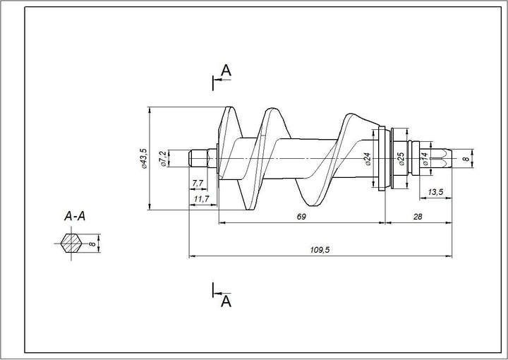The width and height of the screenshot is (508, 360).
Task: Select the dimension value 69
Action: pyautogui.click(x=301, y=217)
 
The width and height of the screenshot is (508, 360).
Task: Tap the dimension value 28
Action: pyautogui.click(x=418, y=217)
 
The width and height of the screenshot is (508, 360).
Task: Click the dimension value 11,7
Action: pyautogui.click(x=202, y=200)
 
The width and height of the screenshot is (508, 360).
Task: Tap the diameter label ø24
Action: pyautogui.click(x=368, y=159)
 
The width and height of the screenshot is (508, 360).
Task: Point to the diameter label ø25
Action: pyautogui.click(x=400, y=159)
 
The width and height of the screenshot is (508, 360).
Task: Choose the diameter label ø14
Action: pyautogui.click(x=425, y=160)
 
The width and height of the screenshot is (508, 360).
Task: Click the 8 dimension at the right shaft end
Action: pyautogui.click(x=465, y=160)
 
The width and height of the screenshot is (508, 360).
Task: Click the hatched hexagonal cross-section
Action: pyautogui.click(x=71, y=244)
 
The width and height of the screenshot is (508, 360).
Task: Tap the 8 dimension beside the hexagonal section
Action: pyautogui.click(x=92, y=244)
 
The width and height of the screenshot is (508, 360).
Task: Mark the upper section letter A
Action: pyautogui.click(x=226, y=70)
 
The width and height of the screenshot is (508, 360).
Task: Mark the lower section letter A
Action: pyautogui.click(x=226, y=301)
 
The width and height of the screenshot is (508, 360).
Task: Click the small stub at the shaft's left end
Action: pyautogui.click(x=199, y=157)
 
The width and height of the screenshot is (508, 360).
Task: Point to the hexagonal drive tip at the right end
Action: pyautogui.click(x=441, y=160)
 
